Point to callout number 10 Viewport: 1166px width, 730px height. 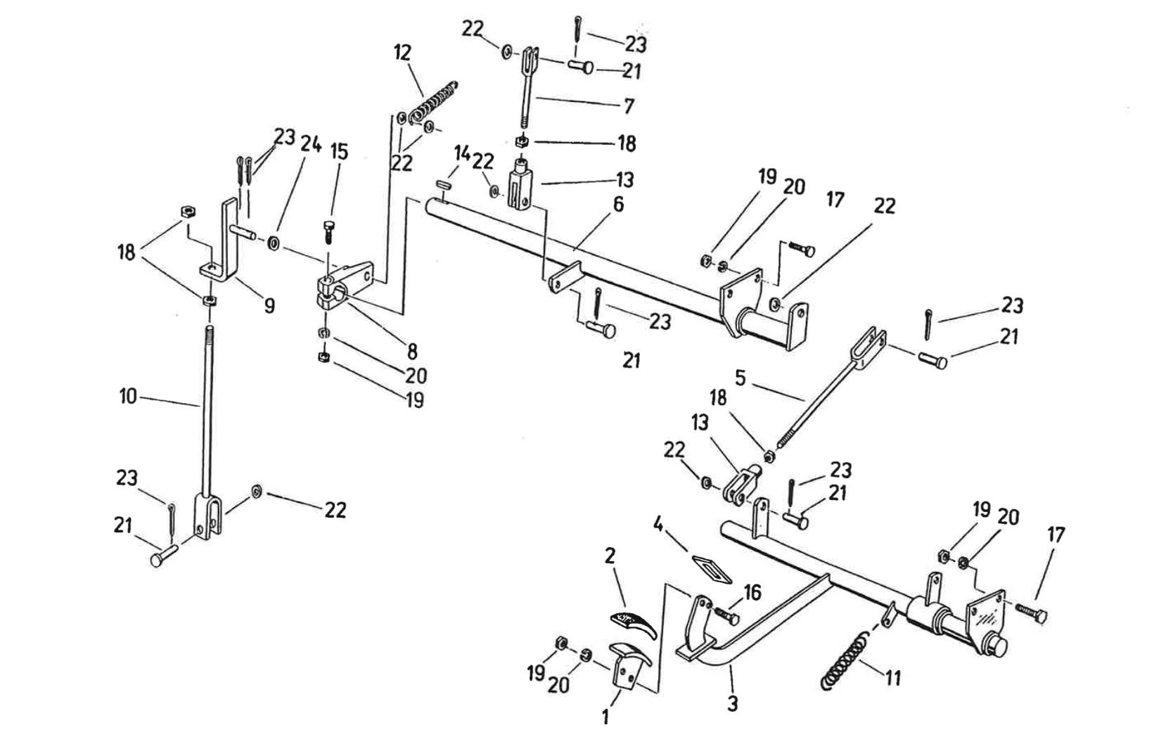tap(128, 396)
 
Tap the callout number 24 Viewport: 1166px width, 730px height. tap(311, 145)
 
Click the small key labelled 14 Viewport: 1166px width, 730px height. tap(443, 185)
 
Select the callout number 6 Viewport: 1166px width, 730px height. tap(618, 204)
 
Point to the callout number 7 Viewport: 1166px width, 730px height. tap(629, 105)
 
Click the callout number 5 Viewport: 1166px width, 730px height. tap(741, 378)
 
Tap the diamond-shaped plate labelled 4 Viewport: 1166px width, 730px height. tap(712, 568)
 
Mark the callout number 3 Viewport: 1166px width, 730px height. tap(732, 703)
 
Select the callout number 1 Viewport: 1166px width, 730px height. tap(606, 717)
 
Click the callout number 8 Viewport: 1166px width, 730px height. tap(411, 350)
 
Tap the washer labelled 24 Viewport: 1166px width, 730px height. tap(272, 243)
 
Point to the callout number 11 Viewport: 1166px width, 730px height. tap(892, 679)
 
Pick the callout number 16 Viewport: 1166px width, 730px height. tap(752, 592)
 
